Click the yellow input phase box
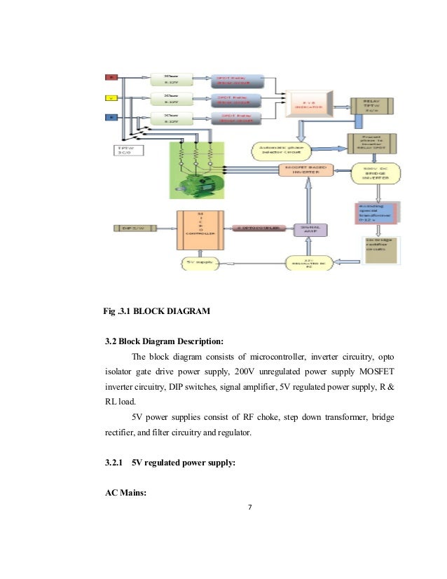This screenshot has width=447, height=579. point(110,98)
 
